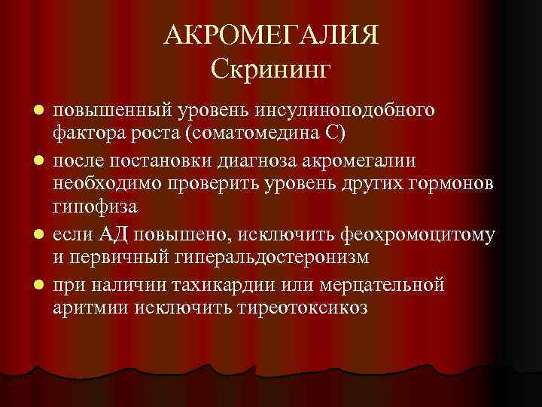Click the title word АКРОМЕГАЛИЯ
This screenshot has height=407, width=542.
click(x=270, y=35)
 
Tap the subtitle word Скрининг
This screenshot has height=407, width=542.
click(x=270, y=72)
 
